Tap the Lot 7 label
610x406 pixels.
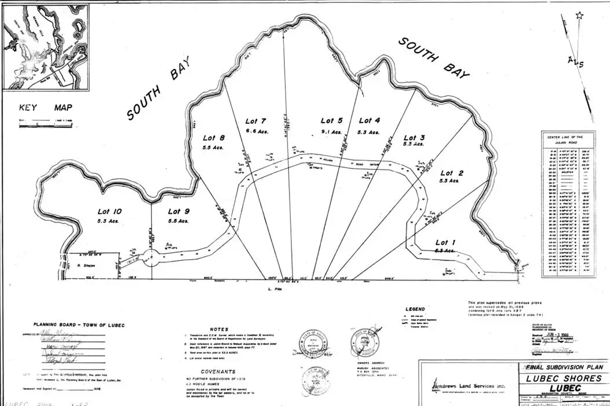coord(255,121)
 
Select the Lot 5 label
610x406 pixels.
coord(332,120)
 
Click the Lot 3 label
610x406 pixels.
coord(414,138)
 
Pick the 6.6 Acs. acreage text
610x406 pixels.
coord(255,132)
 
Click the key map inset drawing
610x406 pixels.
coord(46,46)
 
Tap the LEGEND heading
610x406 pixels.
coord(415,309)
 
